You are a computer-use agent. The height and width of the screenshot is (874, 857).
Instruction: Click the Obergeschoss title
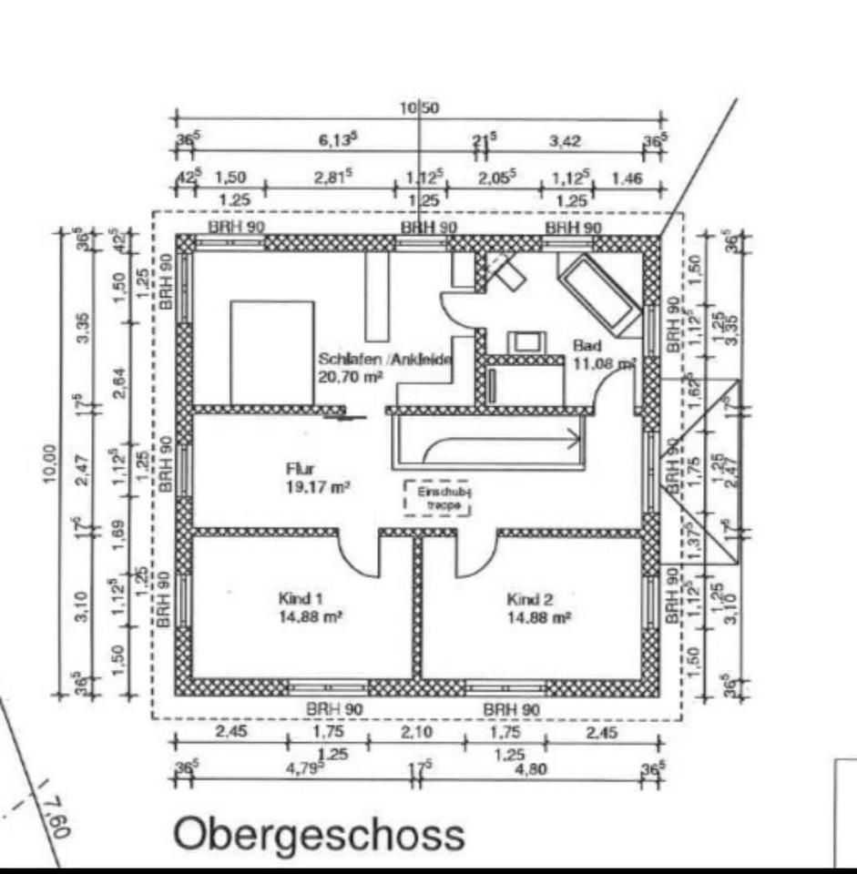[x=319, y=834]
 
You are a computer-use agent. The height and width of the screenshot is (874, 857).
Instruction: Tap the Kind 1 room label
[x=301, y=599]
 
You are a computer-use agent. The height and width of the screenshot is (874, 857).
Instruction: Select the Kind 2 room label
[x=529, y=599]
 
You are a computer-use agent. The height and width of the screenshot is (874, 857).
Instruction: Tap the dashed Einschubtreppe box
[x=438, y=499]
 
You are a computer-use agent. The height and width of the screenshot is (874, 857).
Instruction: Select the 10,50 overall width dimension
[x=419, y=107]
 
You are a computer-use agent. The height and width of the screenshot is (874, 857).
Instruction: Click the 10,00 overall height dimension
[x=50, y=466]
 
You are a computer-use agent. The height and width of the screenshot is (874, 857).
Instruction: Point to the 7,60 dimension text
[x=57, y=812]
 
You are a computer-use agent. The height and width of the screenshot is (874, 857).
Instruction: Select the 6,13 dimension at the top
[x=336, y=140]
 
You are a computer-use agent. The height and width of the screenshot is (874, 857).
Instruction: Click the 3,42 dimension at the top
[x=565, y=140]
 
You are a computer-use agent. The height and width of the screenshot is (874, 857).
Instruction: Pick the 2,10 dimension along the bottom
[x=418, y=731]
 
